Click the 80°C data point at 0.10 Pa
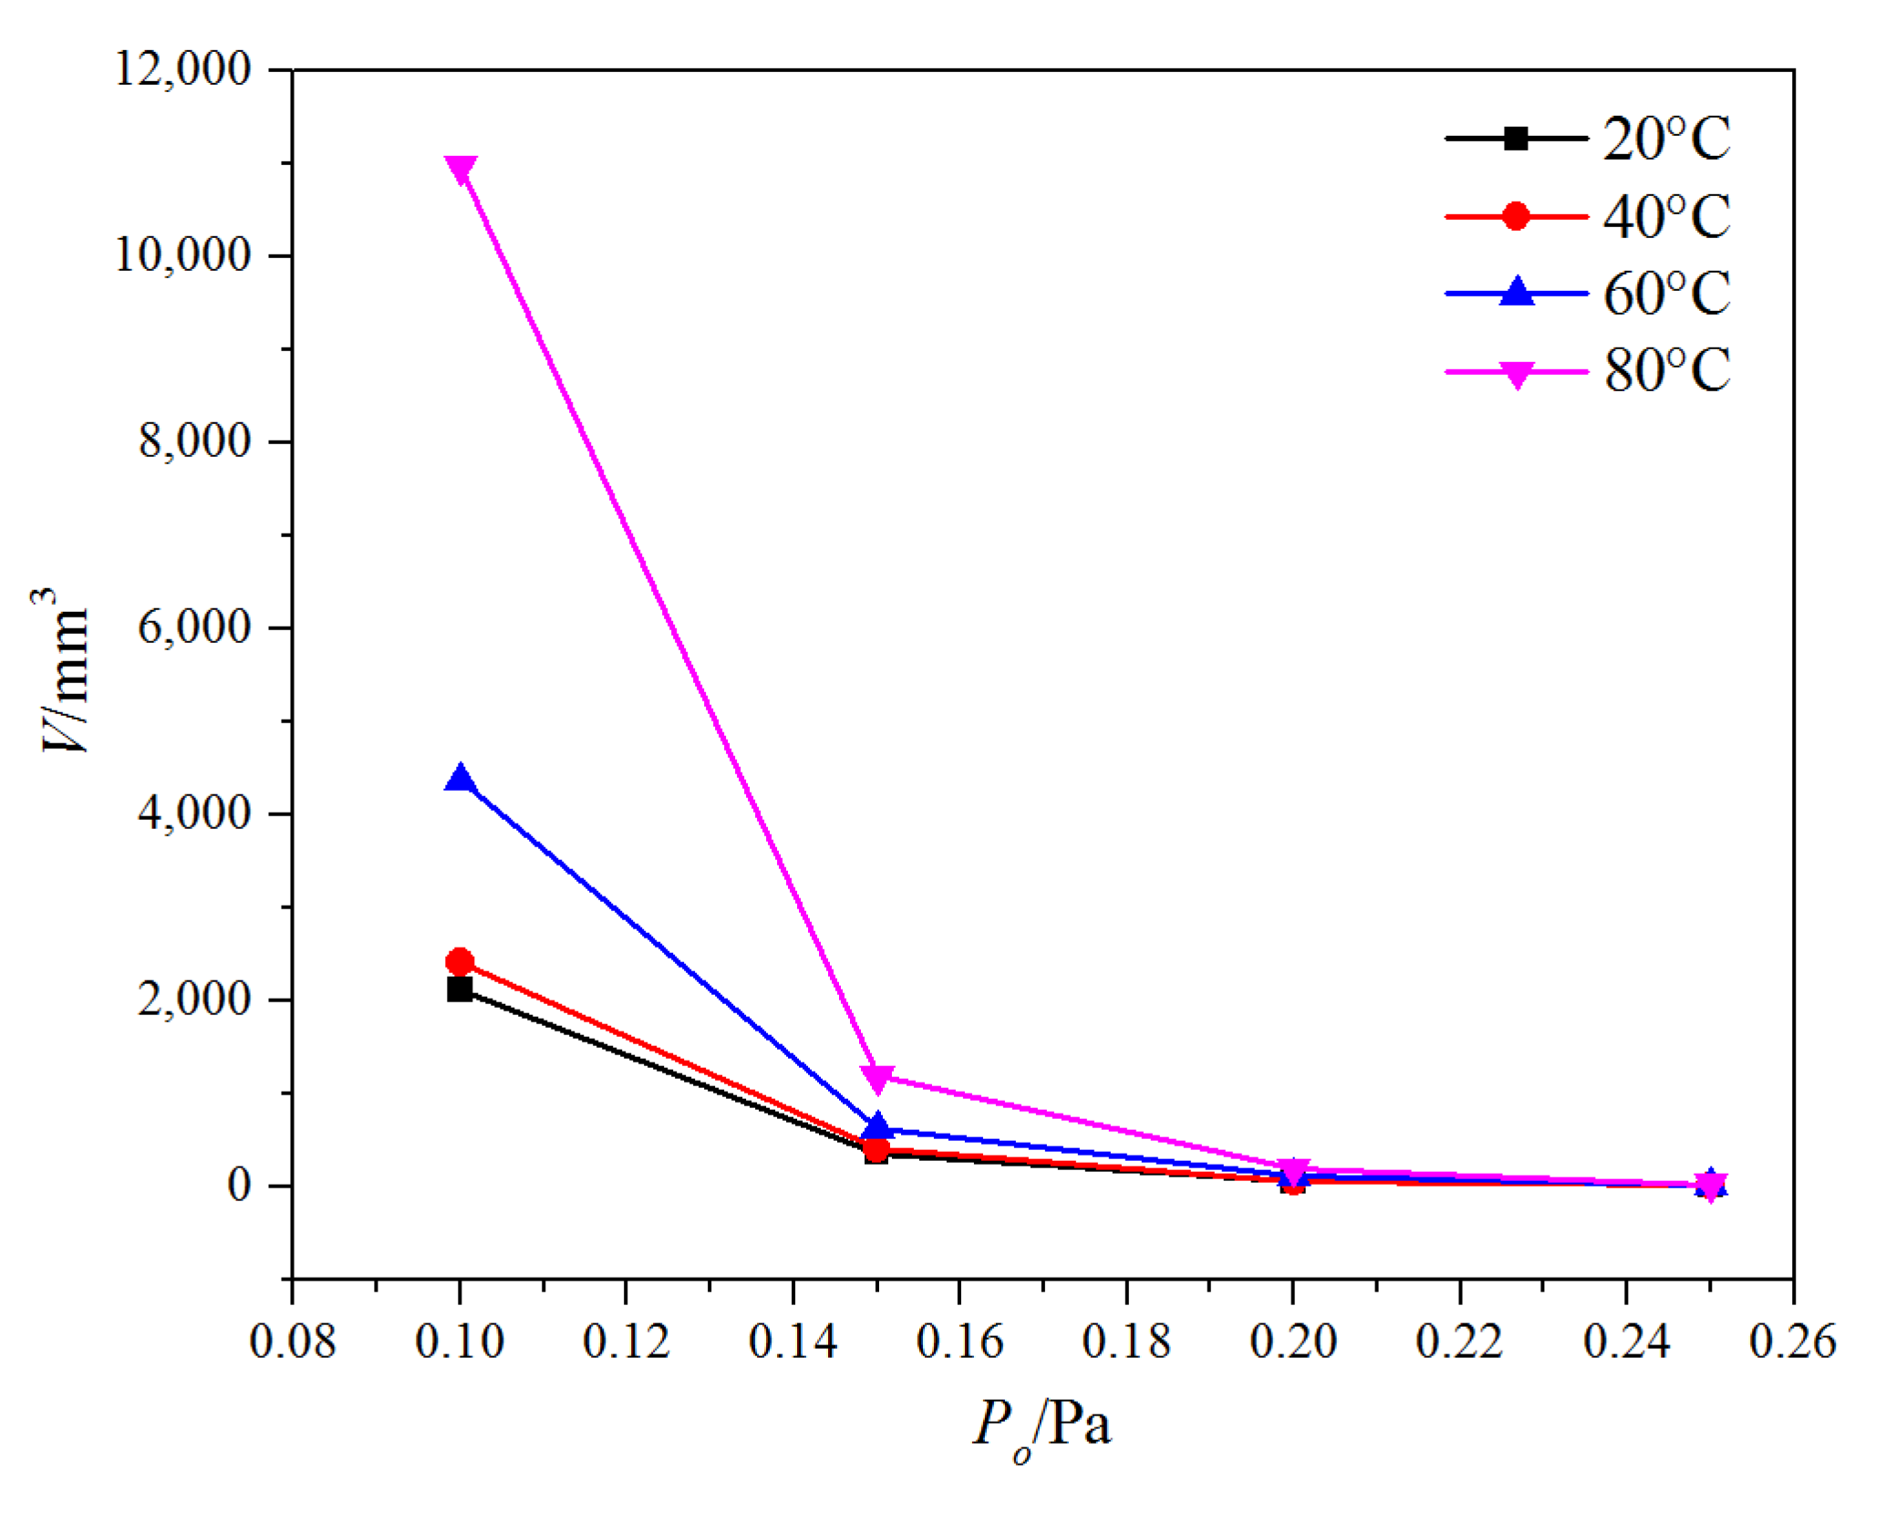pos(460,170)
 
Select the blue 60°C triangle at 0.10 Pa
pos(460,778)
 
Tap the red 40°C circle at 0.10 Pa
pos(460,961)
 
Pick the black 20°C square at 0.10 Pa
pos(460,990)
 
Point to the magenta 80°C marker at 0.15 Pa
pos(876,1078)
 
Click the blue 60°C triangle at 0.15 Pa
pos(876,1126)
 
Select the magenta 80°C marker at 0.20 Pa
pos(1293,1171)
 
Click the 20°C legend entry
pos(1587,140)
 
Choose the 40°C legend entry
pos(1587,217)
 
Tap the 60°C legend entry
pos(1587,294)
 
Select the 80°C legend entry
pos(1587,371)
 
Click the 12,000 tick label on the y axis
pos(182,69)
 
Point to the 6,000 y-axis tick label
pos(193,627)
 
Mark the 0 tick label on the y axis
pos(239,1186)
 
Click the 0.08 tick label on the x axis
pos(293,1342)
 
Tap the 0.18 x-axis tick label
pos(1126,1342)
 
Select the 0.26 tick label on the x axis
pos(1792,1342)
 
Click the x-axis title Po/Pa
pos(1042,1425)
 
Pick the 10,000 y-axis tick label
pos(182,255)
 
